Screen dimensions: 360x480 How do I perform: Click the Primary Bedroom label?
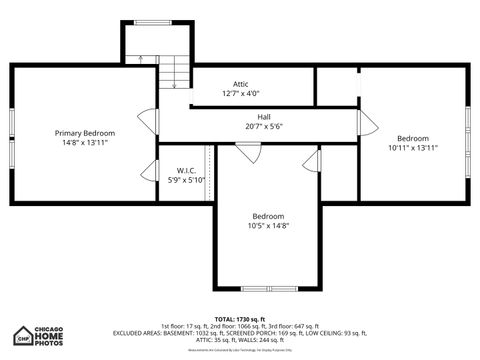(84, 133)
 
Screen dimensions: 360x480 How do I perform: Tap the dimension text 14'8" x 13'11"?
(84, 143)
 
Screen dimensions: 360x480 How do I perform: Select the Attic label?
(241, 84)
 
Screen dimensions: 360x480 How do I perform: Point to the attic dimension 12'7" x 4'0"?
(241, 94)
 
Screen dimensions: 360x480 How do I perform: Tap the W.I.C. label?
(185, 170)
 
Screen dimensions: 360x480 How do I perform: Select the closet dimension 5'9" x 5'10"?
(185, 180)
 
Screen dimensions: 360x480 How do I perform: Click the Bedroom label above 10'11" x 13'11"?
(412, 138)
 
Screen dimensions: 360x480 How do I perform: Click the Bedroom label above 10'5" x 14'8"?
(268, 217)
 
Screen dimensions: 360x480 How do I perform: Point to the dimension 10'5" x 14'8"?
(268, 227)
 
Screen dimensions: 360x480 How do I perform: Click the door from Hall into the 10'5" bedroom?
(248, 152)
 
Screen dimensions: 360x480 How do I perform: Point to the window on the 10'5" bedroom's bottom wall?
(268, 288)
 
